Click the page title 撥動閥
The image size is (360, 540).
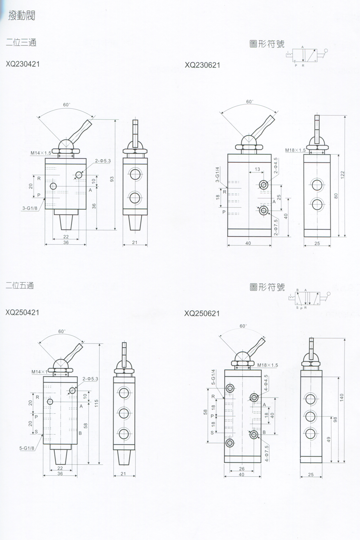[x=22, y=15]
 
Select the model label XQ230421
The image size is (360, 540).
[x=23, y=64]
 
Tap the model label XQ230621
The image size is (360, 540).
[x=202, y=65]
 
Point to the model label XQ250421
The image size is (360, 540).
[x=22, y=312]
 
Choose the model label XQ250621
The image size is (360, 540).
[x=202, y=313]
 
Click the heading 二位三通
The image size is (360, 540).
[x=21, y=42]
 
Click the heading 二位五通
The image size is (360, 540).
[x=20, y=286]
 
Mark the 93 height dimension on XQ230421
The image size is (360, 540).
[x=112, y=179]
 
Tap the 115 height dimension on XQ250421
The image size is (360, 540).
[x=96, y=403]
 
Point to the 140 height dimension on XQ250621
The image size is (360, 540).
[x=342, y=397]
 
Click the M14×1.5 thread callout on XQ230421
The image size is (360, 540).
[x=41, y=153]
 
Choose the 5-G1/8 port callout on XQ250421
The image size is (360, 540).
[x=27, y=448]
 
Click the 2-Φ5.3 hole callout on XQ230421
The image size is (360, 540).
[x=103, y=161]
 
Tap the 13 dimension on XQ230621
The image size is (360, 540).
[x=257, y=169]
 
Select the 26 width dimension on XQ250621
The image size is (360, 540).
[x=241, y=469]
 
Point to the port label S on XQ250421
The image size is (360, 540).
[x=36, y=432]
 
